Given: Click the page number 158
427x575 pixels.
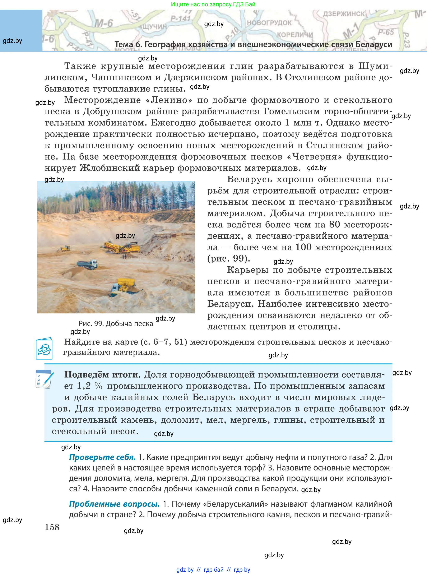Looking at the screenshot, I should click(52, 527).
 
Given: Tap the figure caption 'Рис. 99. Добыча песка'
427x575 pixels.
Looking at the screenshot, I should click(116, 323).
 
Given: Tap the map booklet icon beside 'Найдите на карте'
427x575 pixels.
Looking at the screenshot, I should click(44, 348).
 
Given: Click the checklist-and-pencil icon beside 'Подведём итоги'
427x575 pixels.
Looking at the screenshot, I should click(44, 379).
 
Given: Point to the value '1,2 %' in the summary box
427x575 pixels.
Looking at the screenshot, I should click(89, 386).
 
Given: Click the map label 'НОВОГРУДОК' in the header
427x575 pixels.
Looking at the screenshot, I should click(269, 23).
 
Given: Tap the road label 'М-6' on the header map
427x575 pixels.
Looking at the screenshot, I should click(104, 24).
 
